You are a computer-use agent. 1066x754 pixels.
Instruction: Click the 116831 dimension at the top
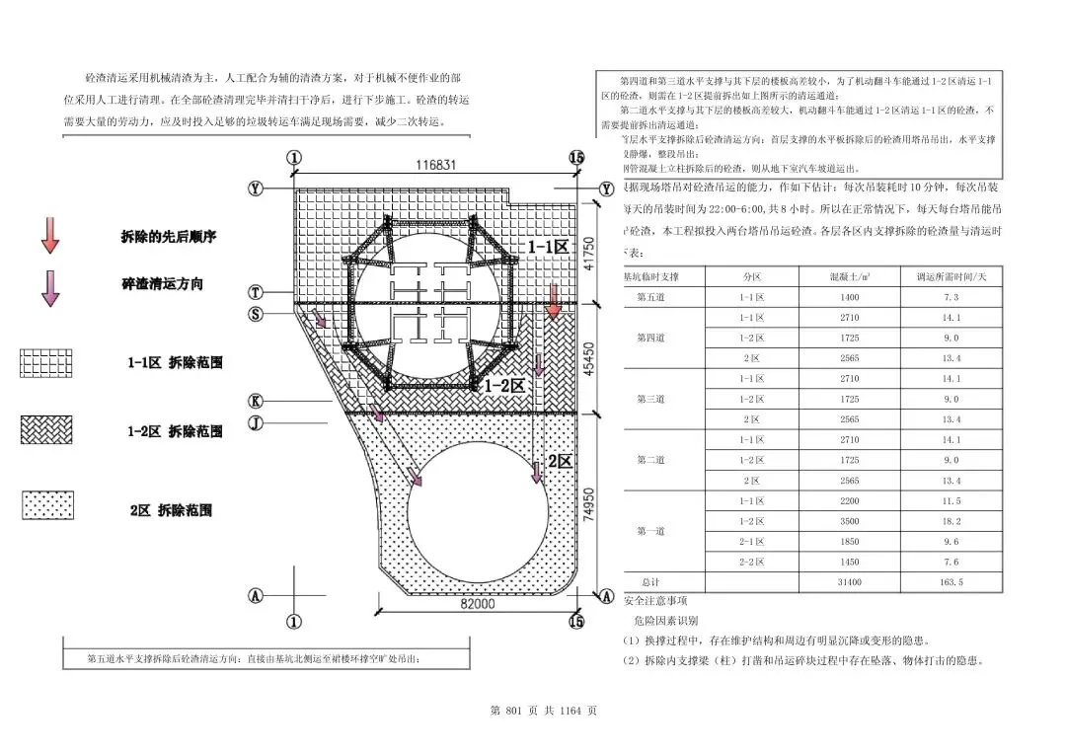(435, 165)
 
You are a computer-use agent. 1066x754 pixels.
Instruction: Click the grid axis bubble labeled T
(256, 292)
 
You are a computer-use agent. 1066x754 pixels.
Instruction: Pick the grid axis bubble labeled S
(256, 314)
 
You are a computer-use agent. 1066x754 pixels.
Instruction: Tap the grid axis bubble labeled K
(256, 402)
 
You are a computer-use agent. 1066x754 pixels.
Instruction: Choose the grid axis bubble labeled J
(256, 422)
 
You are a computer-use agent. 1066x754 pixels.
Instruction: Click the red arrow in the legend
(50, 236)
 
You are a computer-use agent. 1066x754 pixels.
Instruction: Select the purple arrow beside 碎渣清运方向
(50, 285)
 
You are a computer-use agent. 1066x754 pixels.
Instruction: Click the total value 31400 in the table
(850, 582)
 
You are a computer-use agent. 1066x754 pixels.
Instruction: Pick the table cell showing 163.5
(952, 582)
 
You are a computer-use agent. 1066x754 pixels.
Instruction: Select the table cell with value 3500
(850, 521)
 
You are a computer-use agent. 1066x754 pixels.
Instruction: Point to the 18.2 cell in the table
(952, 521)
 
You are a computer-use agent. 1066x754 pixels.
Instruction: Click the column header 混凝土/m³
(850, 277)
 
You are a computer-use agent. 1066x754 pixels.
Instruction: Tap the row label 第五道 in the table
(650, 297)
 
